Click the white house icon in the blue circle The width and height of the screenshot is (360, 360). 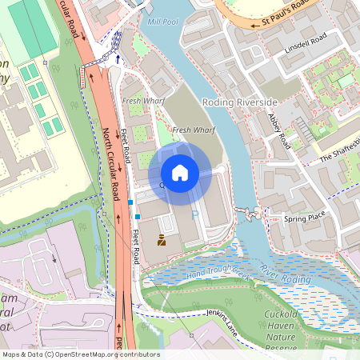[x=180, y=172]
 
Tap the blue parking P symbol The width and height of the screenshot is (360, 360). [x=194, y=215]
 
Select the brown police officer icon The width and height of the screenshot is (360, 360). [x=162, y=239]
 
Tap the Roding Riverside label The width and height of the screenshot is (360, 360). [x=239, y=102]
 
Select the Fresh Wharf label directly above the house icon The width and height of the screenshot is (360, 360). [x=193, y=129]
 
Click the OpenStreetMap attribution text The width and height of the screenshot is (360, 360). [x=80, y=354]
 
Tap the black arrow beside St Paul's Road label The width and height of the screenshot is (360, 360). [x=256, y=24]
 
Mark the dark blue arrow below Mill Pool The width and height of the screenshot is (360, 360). [x=118, y=58]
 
